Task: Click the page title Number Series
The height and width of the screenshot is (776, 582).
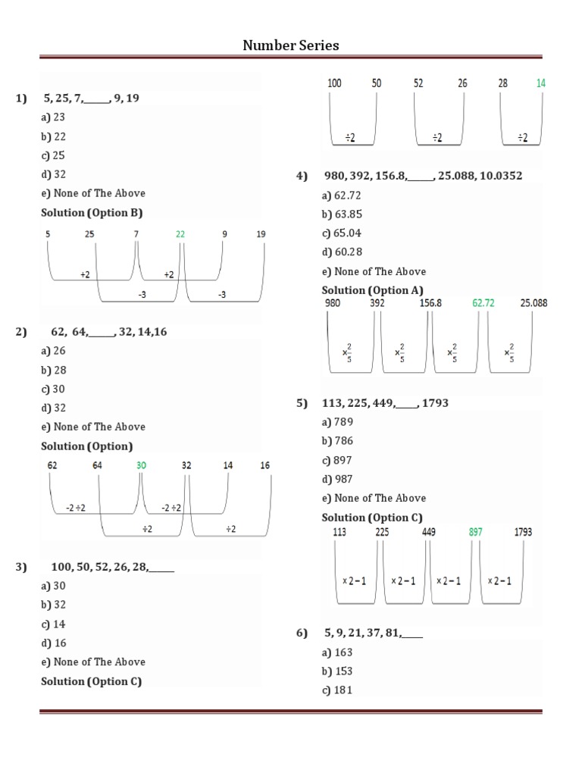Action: coord(291,45)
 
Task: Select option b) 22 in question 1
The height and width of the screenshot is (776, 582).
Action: coord(54,136)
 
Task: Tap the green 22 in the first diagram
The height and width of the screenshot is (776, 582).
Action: coord(180,234)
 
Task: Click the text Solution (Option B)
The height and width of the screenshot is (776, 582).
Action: coord(92,212)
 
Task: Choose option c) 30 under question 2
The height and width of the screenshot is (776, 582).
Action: coord(54,389)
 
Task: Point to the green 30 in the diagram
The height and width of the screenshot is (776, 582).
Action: coord(141,465)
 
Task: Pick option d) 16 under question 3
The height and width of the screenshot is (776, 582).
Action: coord(54,643)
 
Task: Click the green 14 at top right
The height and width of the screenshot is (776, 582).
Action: coord(540,83)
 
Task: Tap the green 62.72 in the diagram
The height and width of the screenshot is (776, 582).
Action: coord(483,303)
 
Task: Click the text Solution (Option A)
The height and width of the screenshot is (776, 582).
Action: coord(372,290)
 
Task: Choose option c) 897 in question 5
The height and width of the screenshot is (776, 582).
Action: coord(337,460)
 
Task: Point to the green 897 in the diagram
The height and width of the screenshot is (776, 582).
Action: coord(475,532)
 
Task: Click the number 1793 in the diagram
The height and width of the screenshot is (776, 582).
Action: coord(523,532)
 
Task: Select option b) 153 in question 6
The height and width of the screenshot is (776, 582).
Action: coord(337,671)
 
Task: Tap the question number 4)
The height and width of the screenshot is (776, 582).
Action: coord(302,176)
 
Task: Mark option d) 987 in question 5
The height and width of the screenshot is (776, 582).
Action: coord(337,479)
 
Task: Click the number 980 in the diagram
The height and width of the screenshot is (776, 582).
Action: coord(332,303)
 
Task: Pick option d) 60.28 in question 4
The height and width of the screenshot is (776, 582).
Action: coord(340,252)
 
